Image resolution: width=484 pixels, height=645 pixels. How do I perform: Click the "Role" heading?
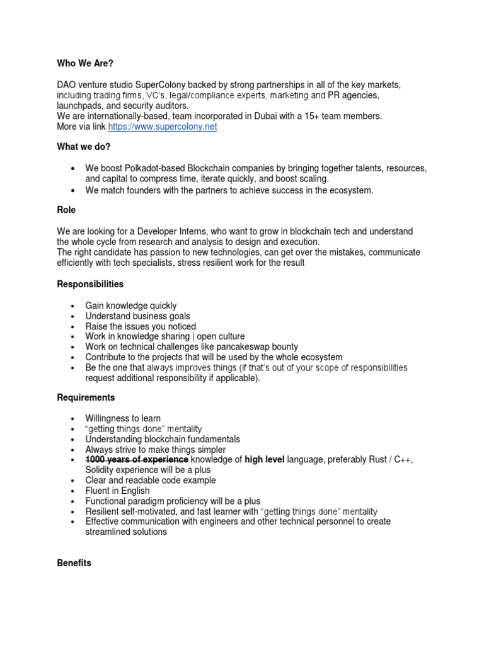pos(66,211)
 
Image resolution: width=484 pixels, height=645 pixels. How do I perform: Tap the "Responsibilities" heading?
pos(90,284)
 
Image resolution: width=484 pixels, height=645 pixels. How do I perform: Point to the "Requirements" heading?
pos(86,397)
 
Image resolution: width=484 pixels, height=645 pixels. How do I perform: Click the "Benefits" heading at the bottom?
pos(74,562)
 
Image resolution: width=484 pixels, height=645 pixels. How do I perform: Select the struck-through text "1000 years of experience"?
pos(137,460)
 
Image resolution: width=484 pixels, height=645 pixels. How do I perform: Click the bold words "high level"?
pos(264,460)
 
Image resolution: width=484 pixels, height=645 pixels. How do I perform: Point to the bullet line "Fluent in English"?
pos(117,491)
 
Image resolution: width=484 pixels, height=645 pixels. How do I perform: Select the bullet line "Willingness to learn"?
pos(123,418)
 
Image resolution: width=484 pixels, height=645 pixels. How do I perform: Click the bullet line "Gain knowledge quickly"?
pos(131,305)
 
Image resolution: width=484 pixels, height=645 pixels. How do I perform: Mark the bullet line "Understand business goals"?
pos(137,316)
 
